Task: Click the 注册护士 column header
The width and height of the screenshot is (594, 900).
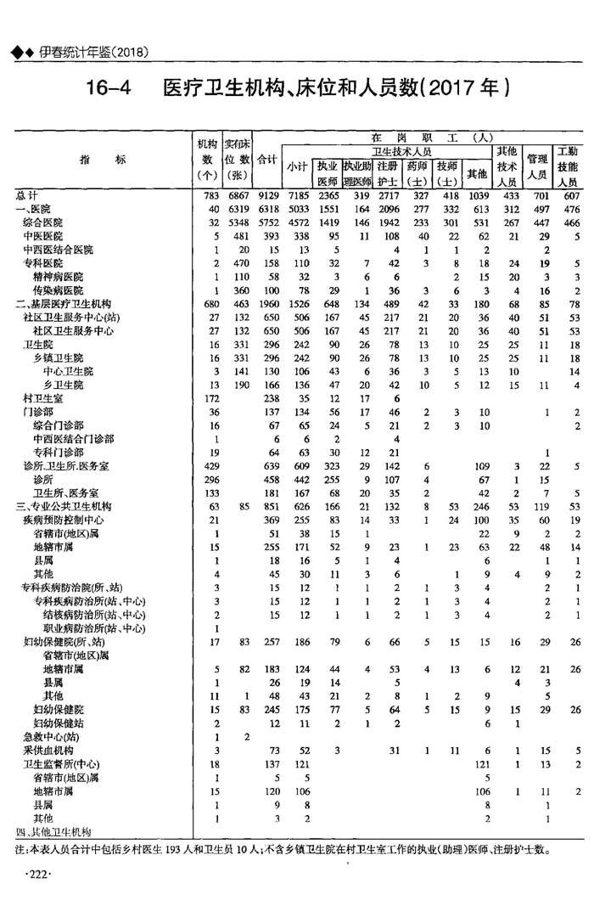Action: (387, 173)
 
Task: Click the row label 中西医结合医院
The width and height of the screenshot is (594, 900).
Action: (58, 250)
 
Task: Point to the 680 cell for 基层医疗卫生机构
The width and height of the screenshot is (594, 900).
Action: (209, 304)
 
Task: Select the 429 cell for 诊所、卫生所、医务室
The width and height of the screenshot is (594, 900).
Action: (209, 465)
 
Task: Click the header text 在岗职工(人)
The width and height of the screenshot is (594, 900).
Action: (432, 138)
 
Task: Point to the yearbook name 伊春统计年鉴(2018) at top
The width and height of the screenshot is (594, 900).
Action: (93, 53)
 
